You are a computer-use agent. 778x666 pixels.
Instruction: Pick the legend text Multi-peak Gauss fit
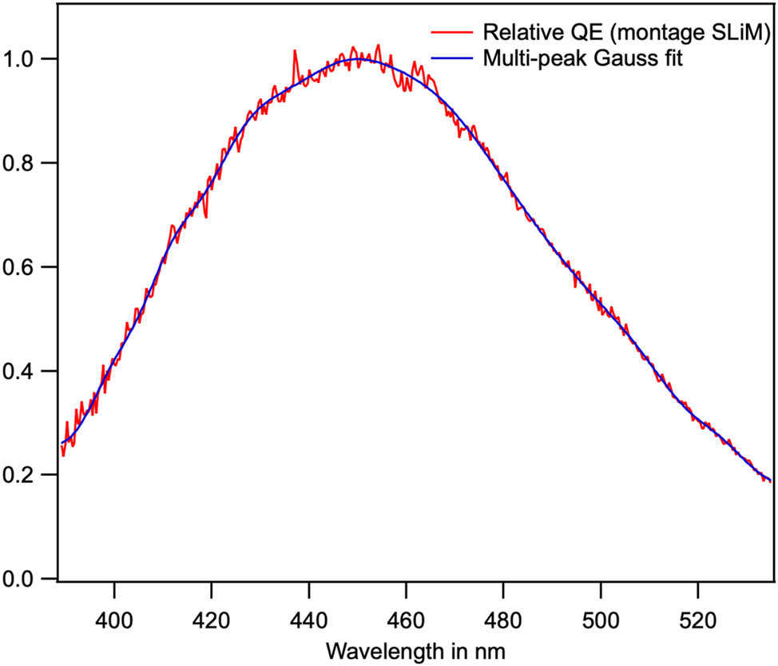[x=582, y=58]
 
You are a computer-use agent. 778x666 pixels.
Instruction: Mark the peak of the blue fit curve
[x=360, y=58]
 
